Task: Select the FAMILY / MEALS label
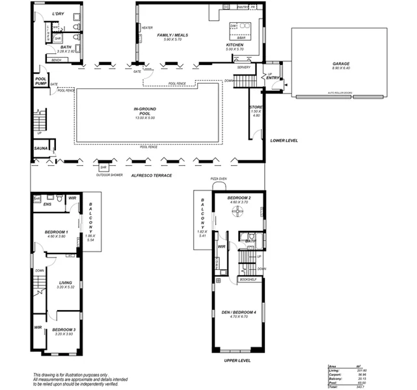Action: (172, 35)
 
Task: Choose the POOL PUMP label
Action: (40, 81)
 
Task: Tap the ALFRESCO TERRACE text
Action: (151, 175)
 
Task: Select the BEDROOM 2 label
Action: (239, 198)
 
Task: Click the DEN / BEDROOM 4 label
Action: (239, 313)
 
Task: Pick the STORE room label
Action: (256, 108)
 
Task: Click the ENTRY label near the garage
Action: (273, 78)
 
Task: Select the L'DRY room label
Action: (57, 13)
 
